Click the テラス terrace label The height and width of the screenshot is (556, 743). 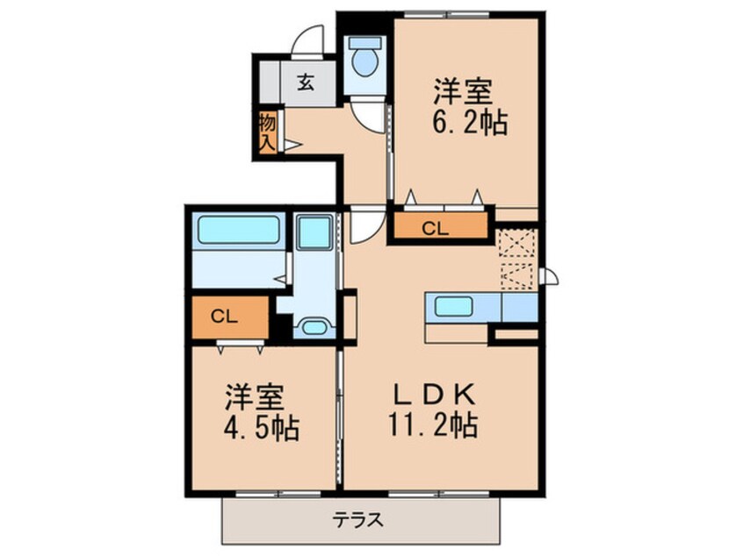click(358, 518)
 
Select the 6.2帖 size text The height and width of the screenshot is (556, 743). click(471, 124)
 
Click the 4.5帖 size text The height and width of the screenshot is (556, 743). click(261, 429)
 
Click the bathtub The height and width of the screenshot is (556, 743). click(238, 230)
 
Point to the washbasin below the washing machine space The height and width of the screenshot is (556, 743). click(314, 327)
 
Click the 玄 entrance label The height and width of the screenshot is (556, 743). click(305, 83)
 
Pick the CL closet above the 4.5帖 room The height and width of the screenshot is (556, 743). click(225, 318)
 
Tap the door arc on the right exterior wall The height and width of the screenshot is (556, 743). click(547, 278)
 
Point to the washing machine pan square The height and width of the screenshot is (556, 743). click(311, 232)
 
